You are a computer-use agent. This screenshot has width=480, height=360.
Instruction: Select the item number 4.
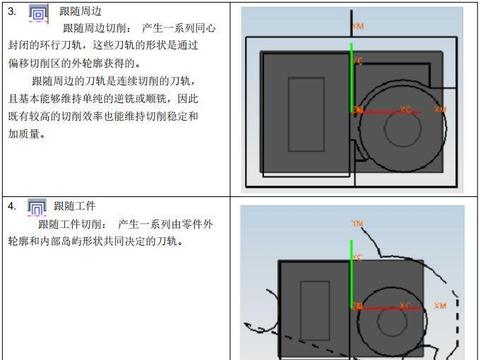[11, 207]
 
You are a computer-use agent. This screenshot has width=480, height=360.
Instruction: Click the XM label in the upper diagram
[441, 108]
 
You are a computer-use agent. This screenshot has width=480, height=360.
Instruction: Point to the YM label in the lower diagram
[357, 222]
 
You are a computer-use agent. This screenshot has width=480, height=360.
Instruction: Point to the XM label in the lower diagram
[441, 305]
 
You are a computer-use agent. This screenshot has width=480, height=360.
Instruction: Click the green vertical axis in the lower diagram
[352, 270]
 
